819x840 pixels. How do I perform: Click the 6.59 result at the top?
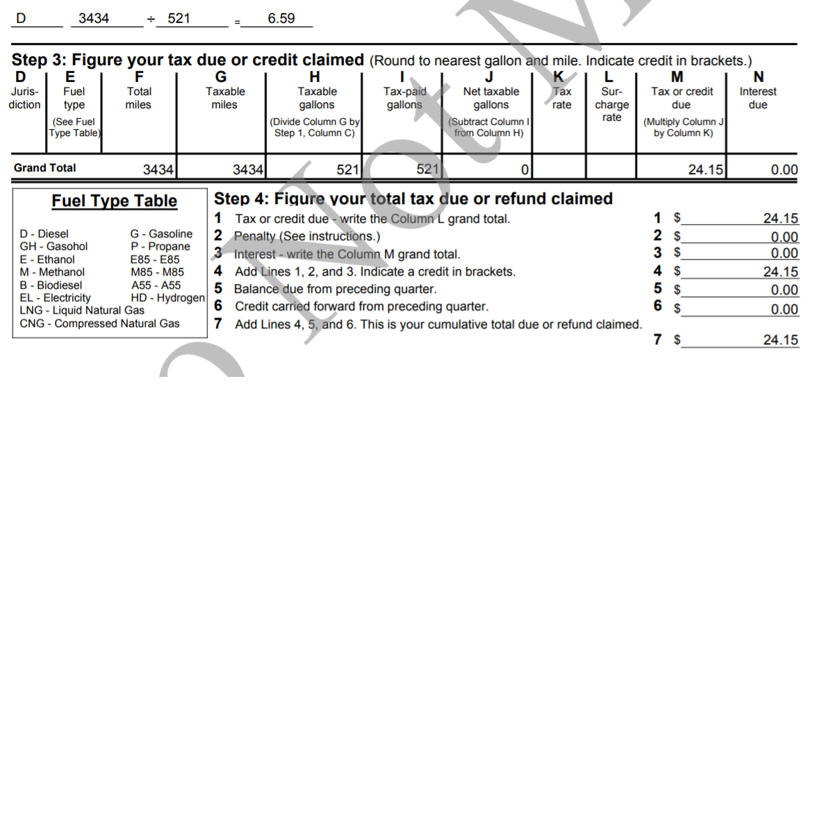281,19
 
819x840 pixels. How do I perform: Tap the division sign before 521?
151,20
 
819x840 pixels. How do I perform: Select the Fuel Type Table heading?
114,201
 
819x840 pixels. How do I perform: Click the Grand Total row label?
45,168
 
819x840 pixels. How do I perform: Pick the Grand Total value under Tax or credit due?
705,170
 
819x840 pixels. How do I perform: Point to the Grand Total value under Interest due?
784,170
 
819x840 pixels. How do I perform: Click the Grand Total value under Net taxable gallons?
524,170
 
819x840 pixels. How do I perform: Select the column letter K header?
559,77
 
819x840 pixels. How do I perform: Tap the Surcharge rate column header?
611,104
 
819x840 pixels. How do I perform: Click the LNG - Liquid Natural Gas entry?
82,310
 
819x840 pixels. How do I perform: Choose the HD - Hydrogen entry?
167,298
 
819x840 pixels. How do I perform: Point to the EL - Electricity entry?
55,298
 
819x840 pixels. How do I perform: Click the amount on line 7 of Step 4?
780,340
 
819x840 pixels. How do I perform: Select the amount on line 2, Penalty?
784,237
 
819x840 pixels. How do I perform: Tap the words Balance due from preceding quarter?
335,289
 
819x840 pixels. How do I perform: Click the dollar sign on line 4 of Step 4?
677,271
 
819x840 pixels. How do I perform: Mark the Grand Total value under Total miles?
158,170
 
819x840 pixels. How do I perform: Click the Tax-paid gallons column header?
404,98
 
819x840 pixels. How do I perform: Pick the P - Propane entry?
160,246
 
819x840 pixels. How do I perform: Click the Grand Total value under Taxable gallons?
347,170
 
